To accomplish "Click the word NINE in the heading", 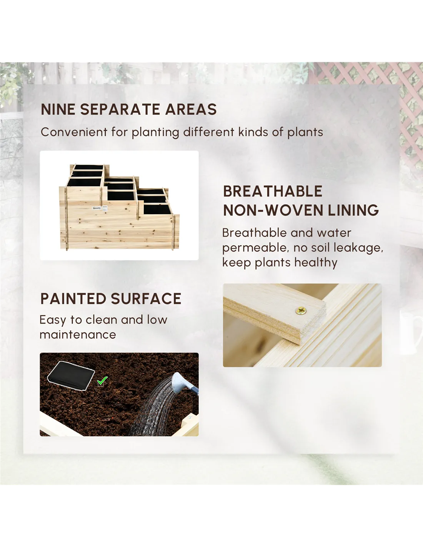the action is [x=58, y=109].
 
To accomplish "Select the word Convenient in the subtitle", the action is [x=74, y=132].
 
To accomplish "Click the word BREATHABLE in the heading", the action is [x=273, y=191].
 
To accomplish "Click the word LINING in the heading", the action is [x=353, y=210].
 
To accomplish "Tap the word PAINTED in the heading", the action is [x=73, y=299].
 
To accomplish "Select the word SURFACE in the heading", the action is [x=146, y=299].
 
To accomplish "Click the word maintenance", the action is [x=78, y=335].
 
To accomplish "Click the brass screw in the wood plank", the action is [x=301, y=311].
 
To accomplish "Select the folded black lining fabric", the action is [x=71, y=375].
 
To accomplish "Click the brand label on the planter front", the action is [x=97, y=208].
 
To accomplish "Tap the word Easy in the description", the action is [x=53, y=320].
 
